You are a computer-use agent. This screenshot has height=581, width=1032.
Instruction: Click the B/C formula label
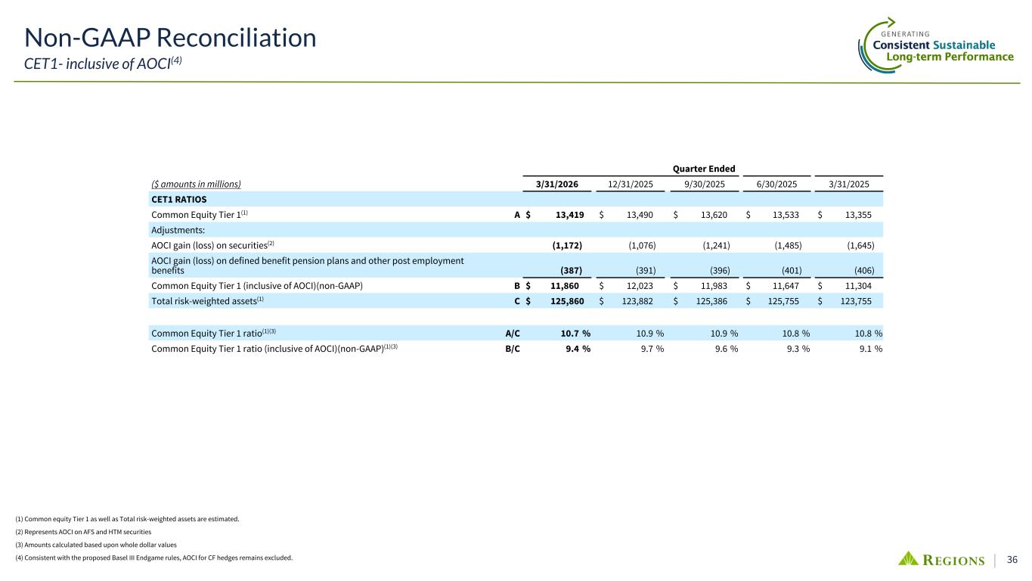pyautogui.click(x=512, y=349)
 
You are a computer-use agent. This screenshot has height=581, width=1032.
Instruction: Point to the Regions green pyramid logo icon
pyautogui.click(x=908, y=559)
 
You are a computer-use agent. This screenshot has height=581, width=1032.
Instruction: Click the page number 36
pyautogui.click(x=1012, y=560)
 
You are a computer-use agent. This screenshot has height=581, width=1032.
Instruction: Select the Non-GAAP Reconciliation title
pyautogui.click(x=170, y=37)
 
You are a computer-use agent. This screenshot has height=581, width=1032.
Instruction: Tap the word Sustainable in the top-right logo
pyautogui.click(x=963, y=45)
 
